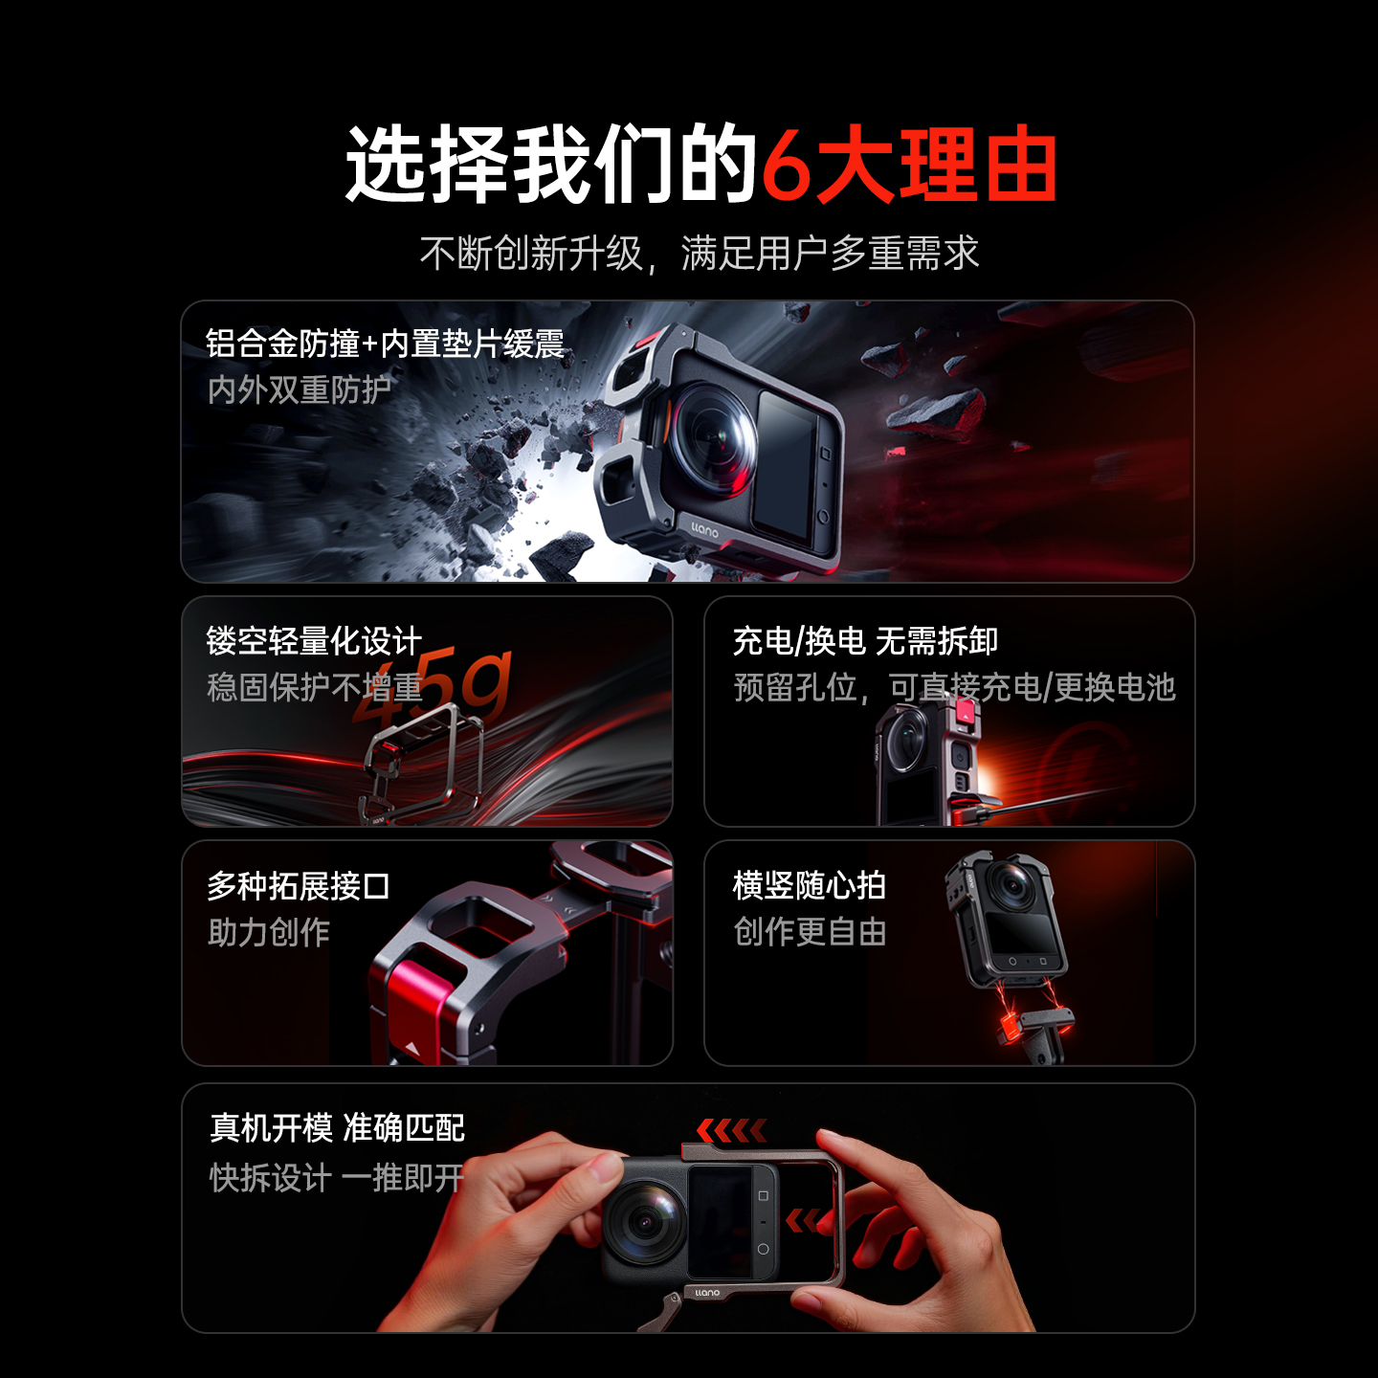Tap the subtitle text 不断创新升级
point(531,254)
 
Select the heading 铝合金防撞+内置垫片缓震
point(385,344)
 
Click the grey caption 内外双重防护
point(300,389)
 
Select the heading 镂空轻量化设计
point(314,641)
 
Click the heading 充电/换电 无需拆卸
point(865,641)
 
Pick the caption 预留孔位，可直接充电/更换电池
point(954,687)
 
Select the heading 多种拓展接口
point(299,886)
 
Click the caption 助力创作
point(269,932)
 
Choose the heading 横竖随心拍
point(810,886)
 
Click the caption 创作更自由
point(810,932)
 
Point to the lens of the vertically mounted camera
point(1012,885)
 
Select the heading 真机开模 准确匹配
point(337,1128)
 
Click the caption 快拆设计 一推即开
point(337,1178)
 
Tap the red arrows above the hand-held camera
point(732,1131)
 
